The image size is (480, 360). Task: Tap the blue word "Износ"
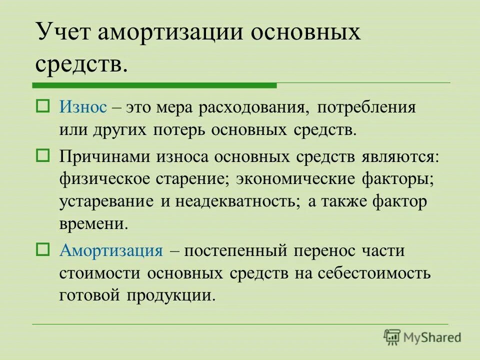tap(83, 107)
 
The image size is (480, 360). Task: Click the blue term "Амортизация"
tap(111, 250)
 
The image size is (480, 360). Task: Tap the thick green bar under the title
tap(154, 85)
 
